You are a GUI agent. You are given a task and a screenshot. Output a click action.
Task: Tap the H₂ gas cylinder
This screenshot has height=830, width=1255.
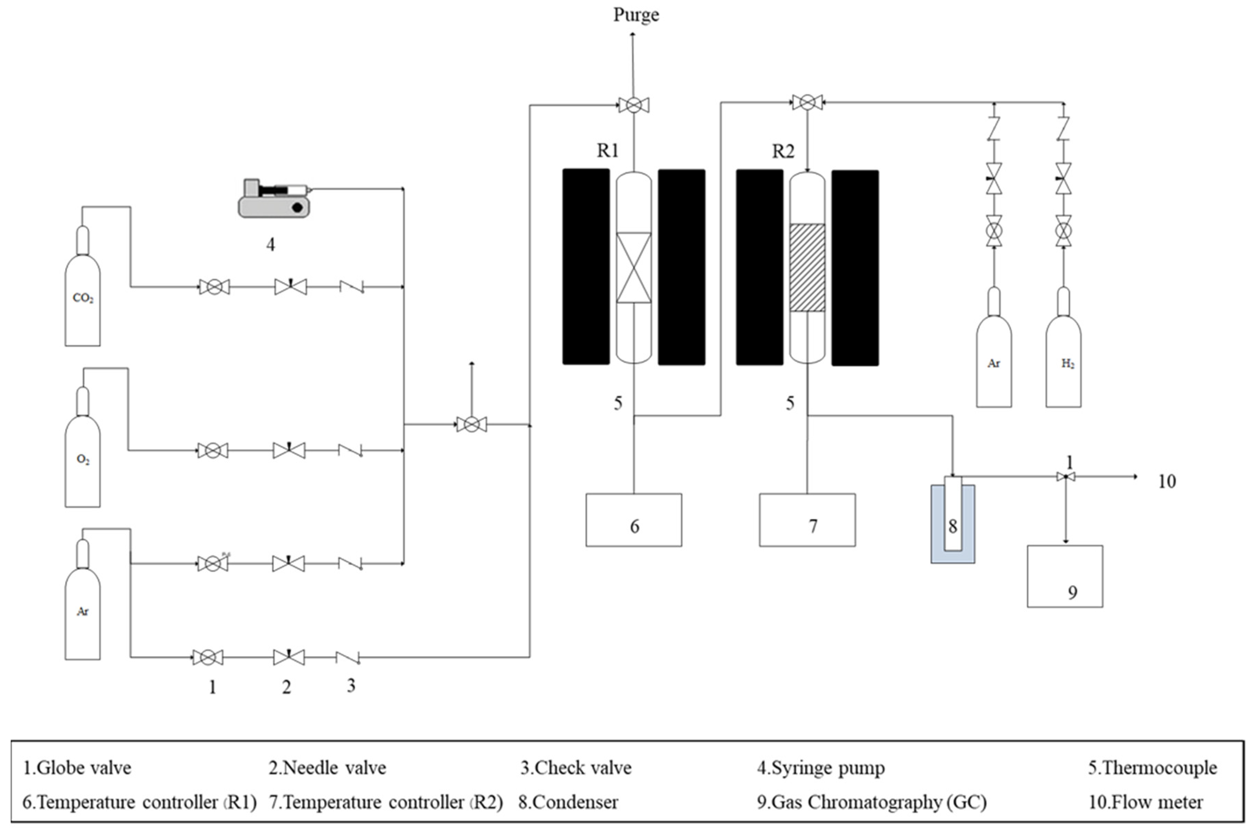pyautogui.click(x=1064, y=362)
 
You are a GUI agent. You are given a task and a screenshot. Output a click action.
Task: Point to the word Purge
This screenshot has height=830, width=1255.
pyautogui.click(x=636, y=15)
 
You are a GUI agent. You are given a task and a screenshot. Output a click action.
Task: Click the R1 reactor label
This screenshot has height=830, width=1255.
pyautogui.click(x=608, y=151)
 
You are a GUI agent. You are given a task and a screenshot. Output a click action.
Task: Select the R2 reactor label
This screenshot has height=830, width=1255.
pyautogui.click(x=783, y=151)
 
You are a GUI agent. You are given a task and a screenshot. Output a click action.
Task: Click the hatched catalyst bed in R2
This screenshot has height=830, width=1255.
pyautogui.click(x=807, y=267)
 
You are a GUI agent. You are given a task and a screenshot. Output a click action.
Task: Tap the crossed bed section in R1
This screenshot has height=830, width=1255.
pyautogui.click(x=634, y=267)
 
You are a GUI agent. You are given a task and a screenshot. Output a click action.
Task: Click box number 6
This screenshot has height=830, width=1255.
pyautogui.click(x=634, y=520)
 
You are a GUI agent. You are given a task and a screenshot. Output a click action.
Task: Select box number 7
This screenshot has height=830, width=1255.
pyautogui.click(x=807, y=520)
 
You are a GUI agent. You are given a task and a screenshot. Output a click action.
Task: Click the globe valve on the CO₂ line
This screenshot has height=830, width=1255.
pyautogui.click(x=214, y=287)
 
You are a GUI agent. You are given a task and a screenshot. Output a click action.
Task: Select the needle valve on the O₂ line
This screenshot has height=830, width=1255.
pyautogui.click(x=289, y=450)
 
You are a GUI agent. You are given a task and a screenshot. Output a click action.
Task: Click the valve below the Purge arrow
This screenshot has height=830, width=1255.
pyautogui.click(x=634, y=105)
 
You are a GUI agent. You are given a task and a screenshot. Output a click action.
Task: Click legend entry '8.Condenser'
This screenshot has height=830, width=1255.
pyautogui.click(x=568, y=802)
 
